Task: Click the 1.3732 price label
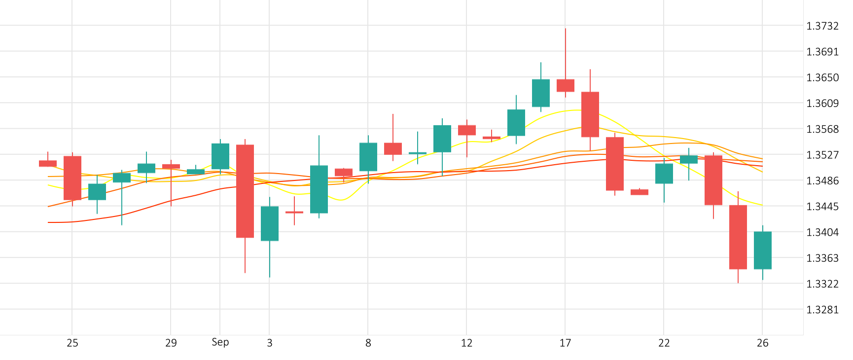point(822,26)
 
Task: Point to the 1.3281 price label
point(822,310)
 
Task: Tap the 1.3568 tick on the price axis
point(822,129)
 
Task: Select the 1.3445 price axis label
point(822,207)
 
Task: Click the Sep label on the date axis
point(220,342)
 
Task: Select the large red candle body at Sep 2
point(245,191)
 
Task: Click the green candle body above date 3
point(270,223)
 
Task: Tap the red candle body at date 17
point(566,85)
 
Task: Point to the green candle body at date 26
point(763,250)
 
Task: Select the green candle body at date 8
point(368,157)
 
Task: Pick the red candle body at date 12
point(467,130)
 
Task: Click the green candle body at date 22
point(664,174)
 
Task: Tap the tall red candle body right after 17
point(590,114)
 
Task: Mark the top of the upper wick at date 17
point(566,29)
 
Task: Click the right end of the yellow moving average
point(763,205)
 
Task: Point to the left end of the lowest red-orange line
point(48,222)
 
